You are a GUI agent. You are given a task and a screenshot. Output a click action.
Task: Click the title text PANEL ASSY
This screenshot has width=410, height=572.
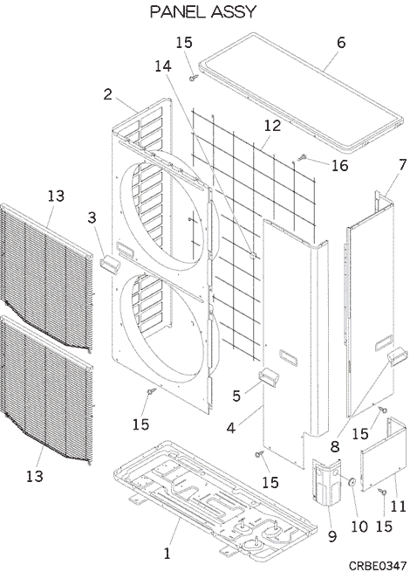tap(203, 12)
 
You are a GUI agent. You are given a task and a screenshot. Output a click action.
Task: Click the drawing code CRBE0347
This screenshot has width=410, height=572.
tap(378, 565)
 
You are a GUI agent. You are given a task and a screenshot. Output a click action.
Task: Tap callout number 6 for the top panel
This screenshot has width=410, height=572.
tap(340, 43)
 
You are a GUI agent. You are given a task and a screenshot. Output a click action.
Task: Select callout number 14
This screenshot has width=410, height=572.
tap(163, 66)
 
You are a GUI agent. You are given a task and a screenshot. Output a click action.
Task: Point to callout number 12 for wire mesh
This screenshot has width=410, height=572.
tap(272, 126)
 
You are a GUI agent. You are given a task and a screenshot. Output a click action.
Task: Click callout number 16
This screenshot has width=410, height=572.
tap(339, 165)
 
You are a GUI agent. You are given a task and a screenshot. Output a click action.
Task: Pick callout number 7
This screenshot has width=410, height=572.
tap(402, 164)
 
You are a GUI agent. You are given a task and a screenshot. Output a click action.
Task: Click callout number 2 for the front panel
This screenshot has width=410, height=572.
tap(108, 94)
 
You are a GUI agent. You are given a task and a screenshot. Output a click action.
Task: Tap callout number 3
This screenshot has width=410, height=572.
tap(92, 217)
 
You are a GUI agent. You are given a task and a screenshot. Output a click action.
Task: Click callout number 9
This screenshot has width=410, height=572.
tap(332, 536)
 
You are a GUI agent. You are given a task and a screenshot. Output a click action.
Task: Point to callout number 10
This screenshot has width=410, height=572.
tap(359, 527)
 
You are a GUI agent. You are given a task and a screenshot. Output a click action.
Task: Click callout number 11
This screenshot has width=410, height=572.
tap(398, 506)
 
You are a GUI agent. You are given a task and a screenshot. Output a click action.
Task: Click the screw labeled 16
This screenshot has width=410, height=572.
tap(302, 158)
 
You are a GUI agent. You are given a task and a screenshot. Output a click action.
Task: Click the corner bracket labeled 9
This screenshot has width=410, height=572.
tap(327, 482)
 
